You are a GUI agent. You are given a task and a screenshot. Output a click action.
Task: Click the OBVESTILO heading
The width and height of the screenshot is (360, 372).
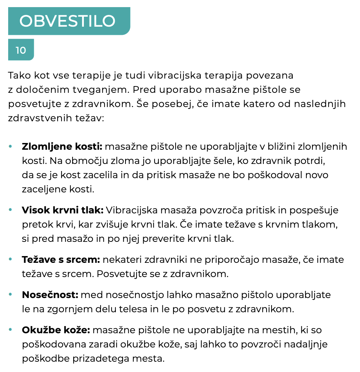[67, 21]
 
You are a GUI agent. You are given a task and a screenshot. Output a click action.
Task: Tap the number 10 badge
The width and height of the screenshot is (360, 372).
[21, 50]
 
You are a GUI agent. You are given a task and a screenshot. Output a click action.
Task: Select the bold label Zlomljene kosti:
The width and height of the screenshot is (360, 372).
[62, 147]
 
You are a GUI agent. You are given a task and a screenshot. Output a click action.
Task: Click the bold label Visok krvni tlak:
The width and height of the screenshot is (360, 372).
[63, 210]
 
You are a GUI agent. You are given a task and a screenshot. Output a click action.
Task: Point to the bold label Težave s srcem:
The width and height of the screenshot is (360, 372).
[61, 260]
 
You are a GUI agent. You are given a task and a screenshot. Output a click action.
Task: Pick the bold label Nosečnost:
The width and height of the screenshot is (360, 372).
[50, 295]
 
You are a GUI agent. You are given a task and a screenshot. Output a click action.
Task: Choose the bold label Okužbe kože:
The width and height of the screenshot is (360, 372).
[56, 330]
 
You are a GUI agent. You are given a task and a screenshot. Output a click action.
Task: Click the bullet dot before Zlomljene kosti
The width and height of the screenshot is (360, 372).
[10, 147]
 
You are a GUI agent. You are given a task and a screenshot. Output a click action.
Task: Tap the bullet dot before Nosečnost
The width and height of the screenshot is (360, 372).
[10, 295]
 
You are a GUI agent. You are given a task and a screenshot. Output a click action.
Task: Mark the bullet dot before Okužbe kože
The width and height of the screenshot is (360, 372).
[10, 330]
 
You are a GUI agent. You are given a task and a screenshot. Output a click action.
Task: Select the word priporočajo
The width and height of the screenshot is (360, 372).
[229, 260]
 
